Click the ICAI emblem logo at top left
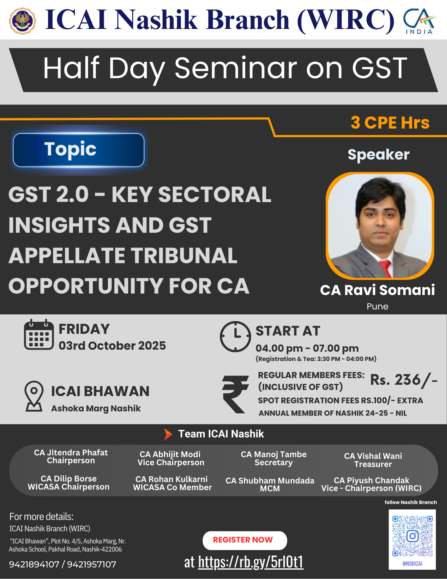(x=23, y=21)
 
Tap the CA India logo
(x=420, y=21)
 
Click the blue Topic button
(x=79, y=150)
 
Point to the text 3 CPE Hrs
(x=390, y=122)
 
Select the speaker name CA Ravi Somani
(x=377, y=290)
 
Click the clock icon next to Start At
(x=236, y=336)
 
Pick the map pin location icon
(x=34, y=396)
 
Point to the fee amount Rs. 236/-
(x=404, y=380)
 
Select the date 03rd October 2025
(x=112, y=346)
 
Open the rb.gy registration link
(x=251, y=562)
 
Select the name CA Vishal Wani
(x=373, y=456)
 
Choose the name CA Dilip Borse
(x=69, y=479)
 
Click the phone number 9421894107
(x=34, y=564)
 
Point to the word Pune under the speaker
(x=377, y=307)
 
